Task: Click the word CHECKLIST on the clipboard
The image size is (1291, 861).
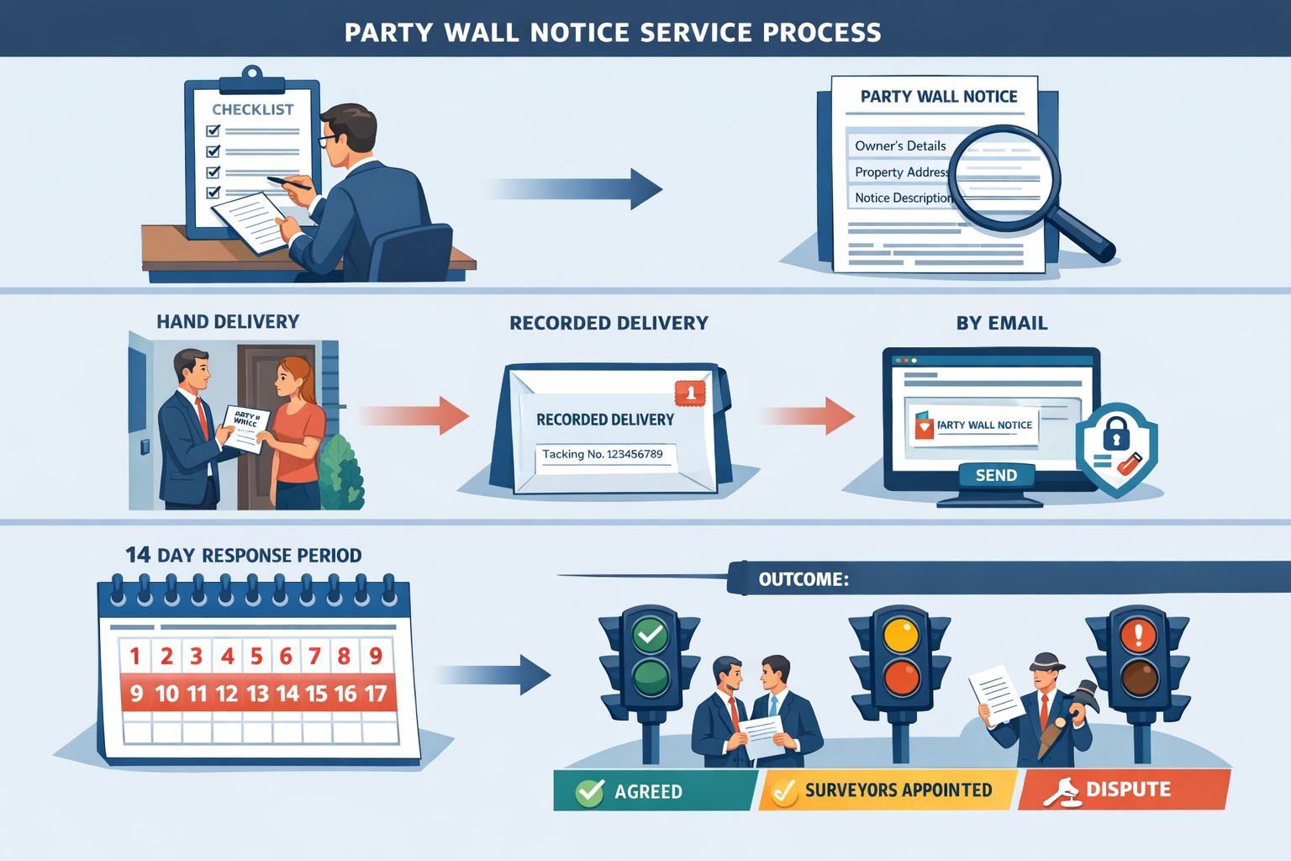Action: (252, 109)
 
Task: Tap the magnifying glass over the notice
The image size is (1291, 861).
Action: (1004, 177)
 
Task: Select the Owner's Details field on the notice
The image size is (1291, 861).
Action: (900, 145)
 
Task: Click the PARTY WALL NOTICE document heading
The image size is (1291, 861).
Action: (939, 97)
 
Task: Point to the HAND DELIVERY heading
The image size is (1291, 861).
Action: (228, 322)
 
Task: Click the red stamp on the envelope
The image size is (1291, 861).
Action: (690, 392)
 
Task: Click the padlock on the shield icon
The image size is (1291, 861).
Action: (1116, 433)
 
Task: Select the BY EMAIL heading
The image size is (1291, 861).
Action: (1002, 324)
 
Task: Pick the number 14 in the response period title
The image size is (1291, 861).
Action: (138, 555)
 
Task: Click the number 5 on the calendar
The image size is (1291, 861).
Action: (256, 656)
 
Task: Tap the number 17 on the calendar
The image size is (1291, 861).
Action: (376, 694)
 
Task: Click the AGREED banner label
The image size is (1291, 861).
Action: (648, 791)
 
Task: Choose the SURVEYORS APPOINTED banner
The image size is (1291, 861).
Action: (898, 790)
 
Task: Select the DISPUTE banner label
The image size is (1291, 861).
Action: (1128, 790)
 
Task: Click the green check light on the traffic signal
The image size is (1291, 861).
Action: (651, 635)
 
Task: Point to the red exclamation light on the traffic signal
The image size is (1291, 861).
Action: (1139, 635)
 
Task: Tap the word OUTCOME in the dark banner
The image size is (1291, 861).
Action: (803, 579)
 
